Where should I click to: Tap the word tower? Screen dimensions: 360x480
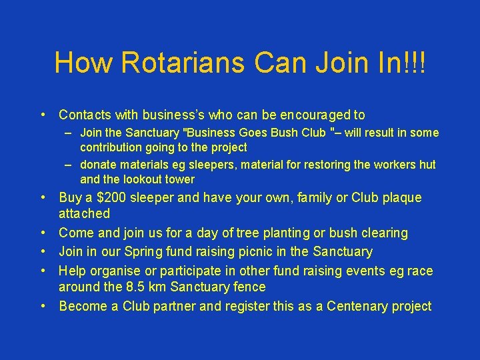point(181,179)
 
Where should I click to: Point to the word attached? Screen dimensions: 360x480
point(85,214)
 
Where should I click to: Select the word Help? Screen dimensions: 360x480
point(73,271)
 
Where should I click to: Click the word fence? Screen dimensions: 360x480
point(249,287)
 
